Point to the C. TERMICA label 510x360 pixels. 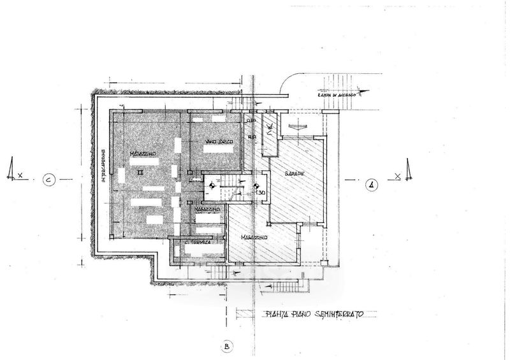click(x=198, y=243)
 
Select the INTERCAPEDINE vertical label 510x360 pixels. click(x=103, y=167)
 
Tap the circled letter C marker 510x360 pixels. click(x=49, y=180)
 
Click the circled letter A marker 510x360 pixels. click(x=372, y=185)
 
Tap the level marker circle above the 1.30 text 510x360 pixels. click(x=258, y=187)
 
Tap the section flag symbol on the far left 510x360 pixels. click(x=10, y=170)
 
